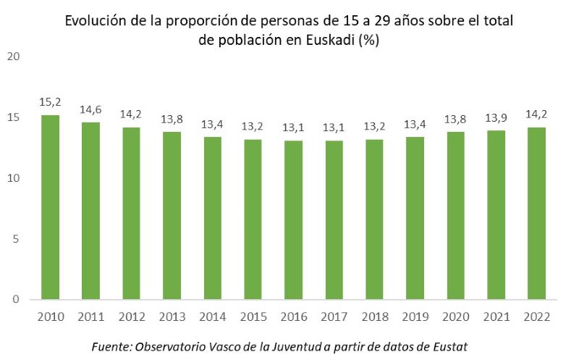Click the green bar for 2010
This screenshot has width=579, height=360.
click(x=50, y=206)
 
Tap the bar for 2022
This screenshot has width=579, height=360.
click(x=536, y=213)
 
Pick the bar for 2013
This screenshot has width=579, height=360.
click(x=172, y=215)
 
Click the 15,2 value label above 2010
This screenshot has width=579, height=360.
click(x=50, y=103)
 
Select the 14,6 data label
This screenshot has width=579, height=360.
click(x=90, y=110)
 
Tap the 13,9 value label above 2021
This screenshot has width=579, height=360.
click(x=495, y=118)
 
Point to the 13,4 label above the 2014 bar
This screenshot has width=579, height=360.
click(x=212, y=125)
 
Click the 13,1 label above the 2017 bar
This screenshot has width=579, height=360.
click(x=334, y=128)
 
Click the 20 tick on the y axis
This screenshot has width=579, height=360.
click(x=12, y=56)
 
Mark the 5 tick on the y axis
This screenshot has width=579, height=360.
click(x=15, y=238)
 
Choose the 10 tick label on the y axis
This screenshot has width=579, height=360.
click(x=12, y=178)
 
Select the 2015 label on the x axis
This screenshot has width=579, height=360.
click(x=253, y=317)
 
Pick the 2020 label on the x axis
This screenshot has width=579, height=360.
click(x=455, y=317)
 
